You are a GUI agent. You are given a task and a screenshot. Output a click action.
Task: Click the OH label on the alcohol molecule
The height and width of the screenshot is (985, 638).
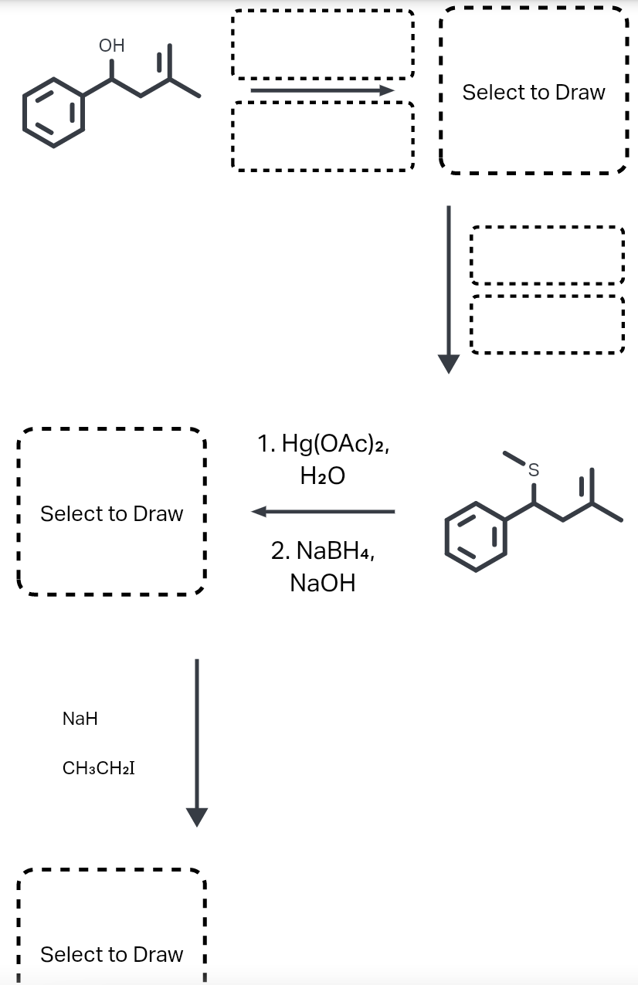point(111,46)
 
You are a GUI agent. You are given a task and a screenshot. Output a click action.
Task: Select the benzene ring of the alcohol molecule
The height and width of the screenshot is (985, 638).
point(53,112)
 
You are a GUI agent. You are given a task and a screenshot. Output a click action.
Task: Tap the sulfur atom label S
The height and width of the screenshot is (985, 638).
point(532,469)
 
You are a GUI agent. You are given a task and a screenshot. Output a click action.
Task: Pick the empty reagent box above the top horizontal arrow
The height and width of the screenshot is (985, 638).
point(323,44)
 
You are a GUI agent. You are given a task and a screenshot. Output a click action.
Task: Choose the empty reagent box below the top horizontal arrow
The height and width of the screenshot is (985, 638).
point(323,136)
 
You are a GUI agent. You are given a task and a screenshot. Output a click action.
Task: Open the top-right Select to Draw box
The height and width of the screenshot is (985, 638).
point(534,92)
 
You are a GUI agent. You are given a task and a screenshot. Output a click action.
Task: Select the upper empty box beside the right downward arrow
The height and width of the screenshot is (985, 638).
point(546,255)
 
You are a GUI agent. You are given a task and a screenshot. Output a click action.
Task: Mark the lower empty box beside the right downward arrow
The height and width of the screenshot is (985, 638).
point(546,324)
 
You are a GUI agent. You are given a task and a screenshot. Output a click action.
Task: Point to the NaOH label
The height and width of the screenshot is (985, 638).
point(323,583)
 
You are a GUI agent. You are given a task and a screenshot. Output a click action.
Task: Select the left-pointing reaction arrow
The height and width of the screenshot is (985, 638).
point(323,511)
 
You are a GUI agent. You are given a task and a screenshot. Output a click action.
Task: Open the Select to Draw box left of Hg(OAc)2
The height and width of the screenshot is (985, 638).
point(112,513)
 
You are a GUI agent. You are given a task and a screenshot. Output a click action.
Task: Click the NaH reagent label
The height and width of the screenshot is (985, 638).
point(80,719)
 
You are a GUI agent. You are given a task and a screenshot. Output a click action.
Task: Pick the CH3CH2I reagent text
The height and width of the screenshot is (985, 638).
point(98,768)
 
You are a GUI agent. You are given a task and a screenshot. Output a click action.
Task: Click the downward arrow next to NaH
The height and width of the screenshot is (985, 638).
point(197,741)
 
